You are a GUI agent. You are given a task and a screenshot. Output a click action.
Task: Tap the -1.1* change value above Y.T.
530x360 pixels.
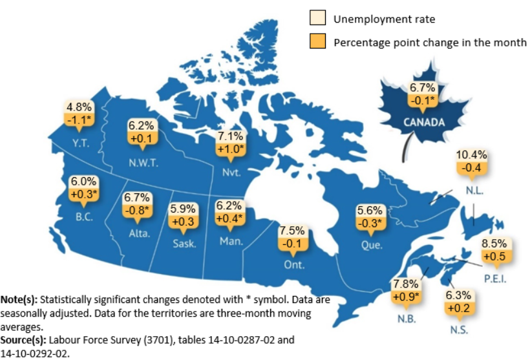(80, 120)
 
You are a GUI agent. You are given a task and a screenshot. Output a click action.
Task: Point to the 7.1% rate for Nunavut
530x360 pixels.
(231, 136)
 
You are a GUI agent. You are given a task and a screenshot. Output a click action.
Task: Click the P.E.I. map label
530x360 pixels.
(495, 279)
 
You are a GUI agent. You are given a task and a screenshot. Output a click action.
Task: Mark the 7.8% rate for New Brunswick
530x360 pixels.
(406, 284)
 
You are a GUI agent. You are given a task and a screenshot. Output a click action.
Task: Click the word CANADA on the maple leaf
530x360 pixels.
(424, 122)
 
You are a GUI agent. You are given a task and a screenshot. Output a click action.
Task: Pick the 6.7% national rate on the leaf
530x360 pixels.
(423, 88)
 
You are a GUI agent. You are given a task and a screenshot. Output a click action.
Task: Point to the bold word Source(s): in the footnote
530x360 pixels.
(23, 339)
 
